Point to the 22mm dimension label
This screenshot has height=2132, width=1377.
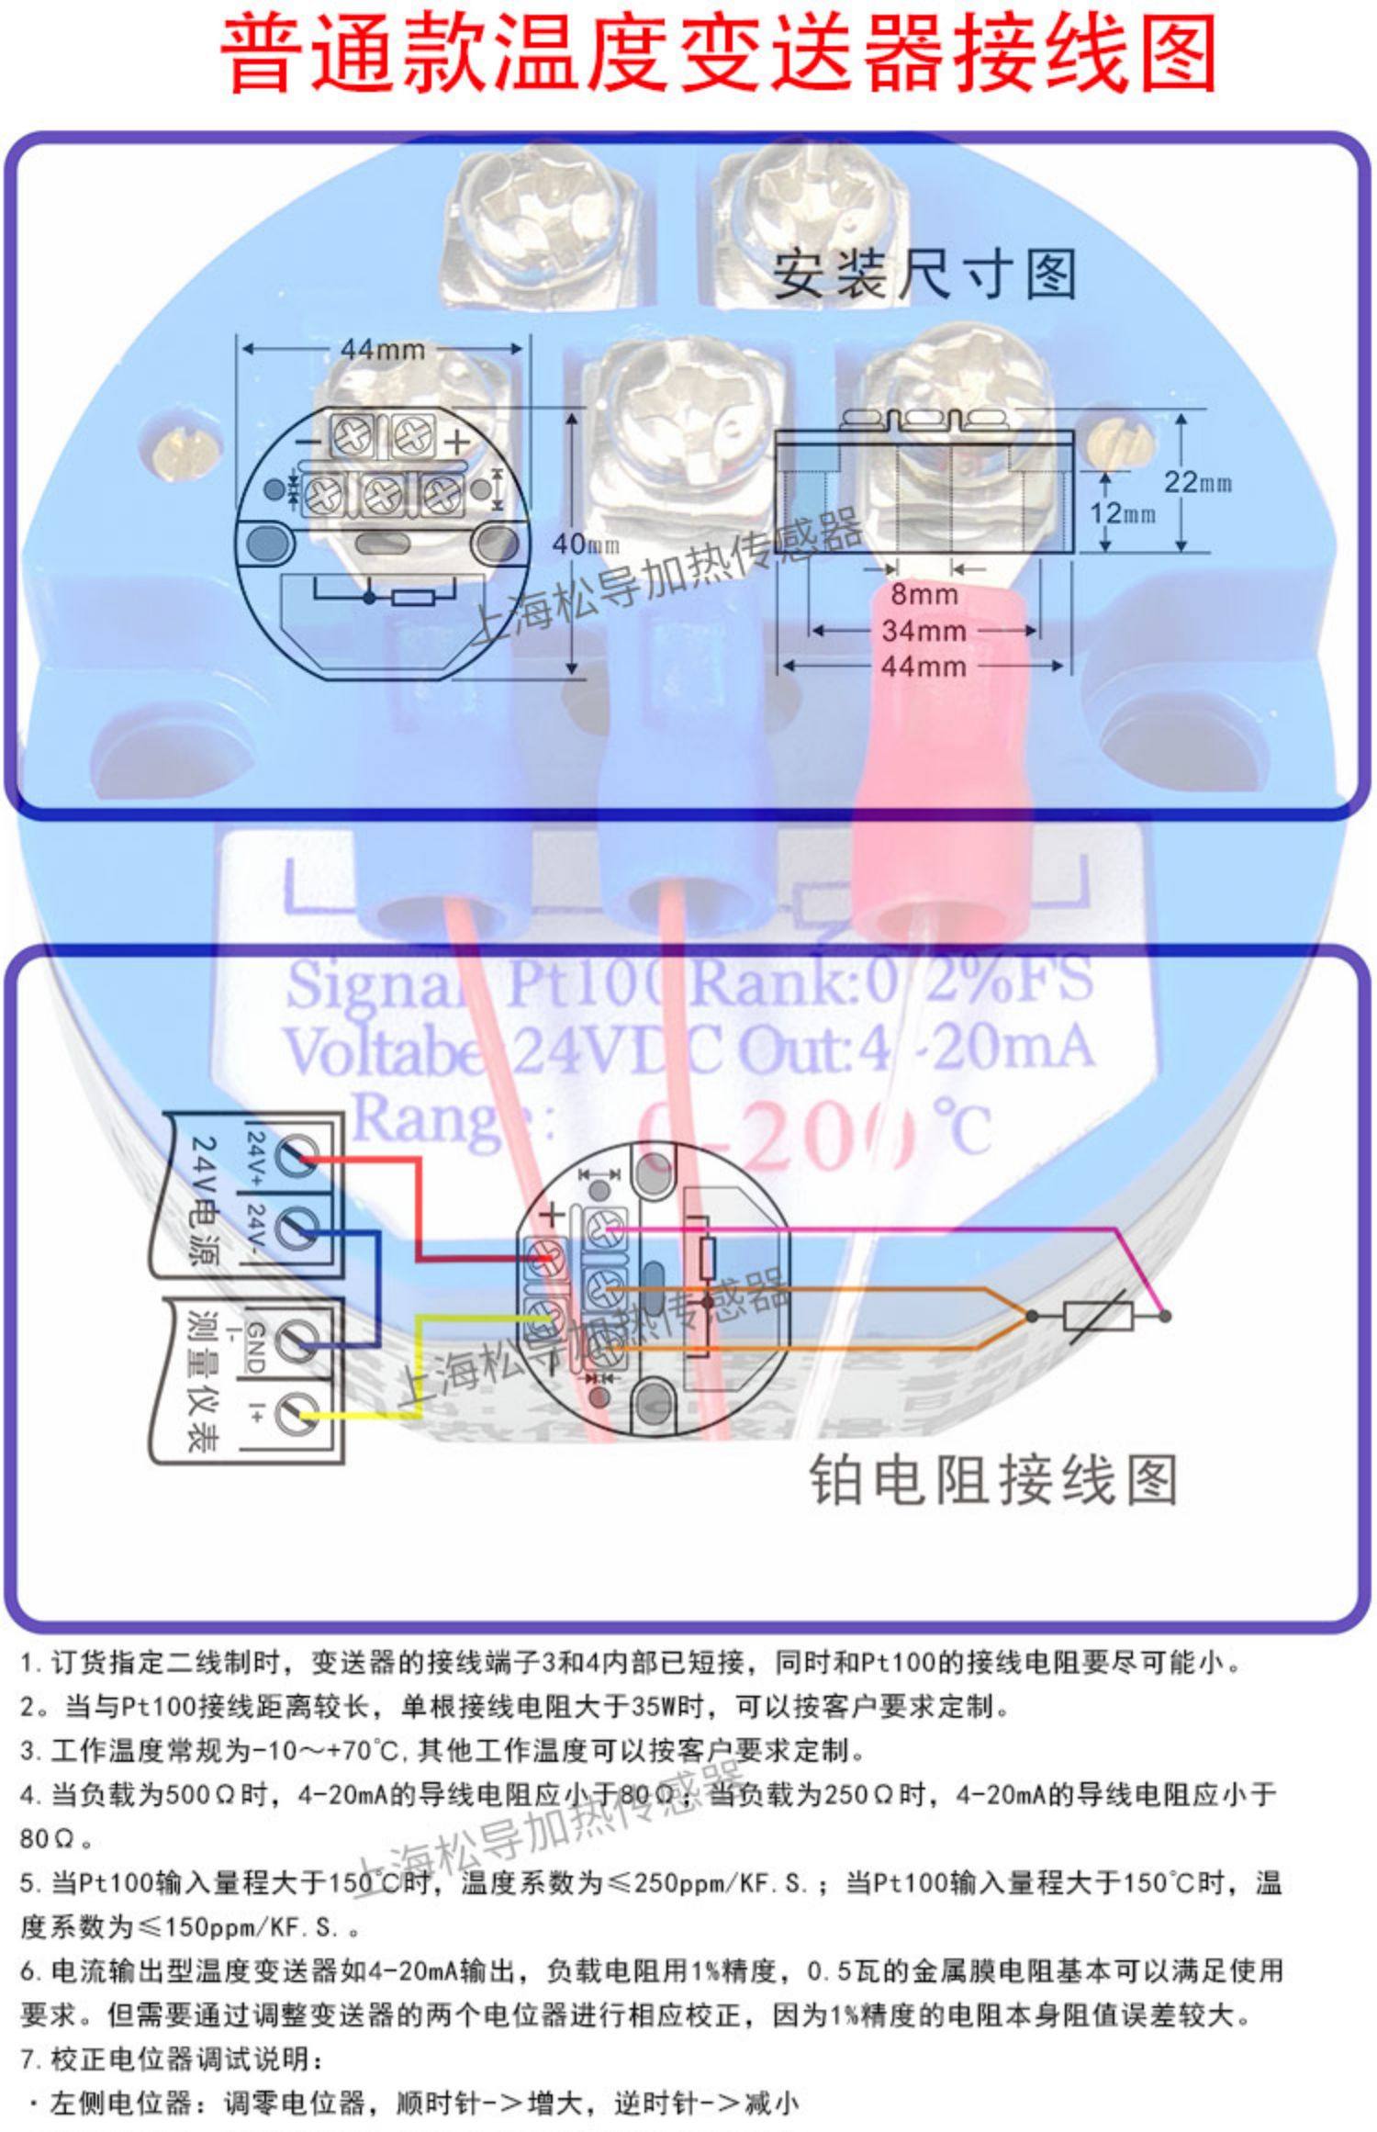point(1197,483)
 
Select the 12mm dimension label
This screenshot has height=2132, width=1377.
point(1122,512)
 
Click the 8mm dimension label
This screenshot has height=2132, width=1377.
point(924,594)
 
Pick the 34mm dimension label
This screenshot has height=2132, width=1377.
point(924,631)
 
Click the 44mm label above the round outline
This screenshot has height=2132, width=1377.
point(383,350)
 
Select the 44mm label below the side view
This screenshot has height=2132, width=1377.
point(924,666)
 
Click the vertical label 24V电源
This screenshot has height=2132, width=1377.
point(203,1195)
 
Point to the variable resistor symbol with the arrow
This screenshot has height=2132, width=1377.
point(1098,1316)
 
